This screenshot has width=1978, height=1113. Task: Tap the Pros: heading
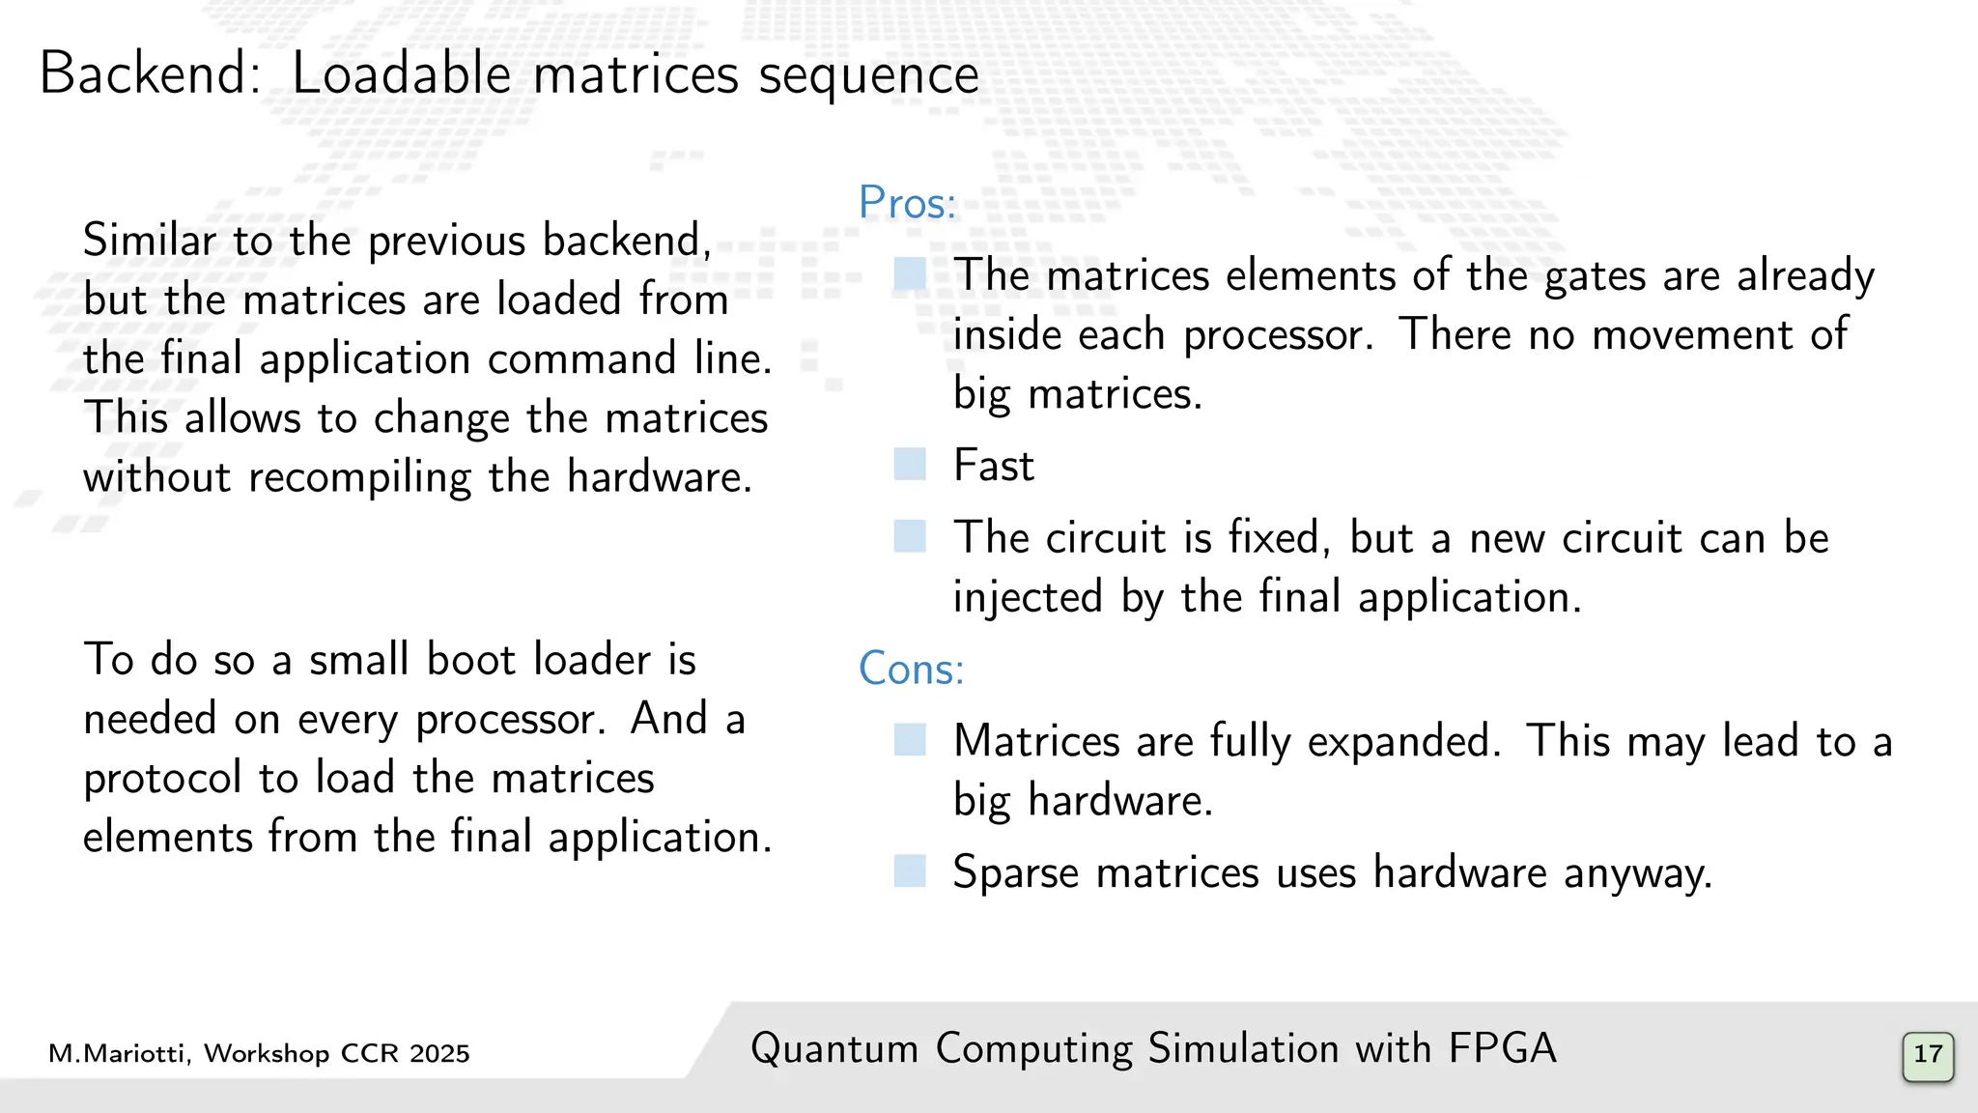(x=907, y=203)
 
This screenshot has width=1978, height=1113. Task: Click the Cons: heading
(x=911, y=669)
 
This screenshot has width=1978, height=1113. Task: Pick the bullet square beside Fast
(x=910, y=465)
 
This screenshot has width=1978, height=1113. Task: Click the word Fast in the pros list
(x=993, y=466)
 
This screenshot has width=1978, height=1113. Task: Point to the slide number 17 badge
(x=1928, y=1054)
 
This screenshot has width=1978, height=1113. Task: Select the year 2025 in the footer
(x=439, y=1053)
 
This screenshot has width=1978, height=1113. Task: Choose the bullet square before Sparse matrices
(x=910, y=871)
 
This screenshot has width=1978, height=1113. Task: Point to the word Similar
(x=149, y=241)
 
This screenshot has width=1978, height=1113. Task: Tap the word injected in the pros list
(x=1028, y=598)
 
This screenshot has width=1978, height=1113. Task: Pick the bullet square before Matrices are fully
(x=910, y=741)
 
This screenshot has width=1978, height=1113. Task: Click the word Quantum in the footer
(x=834, y=1049)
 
